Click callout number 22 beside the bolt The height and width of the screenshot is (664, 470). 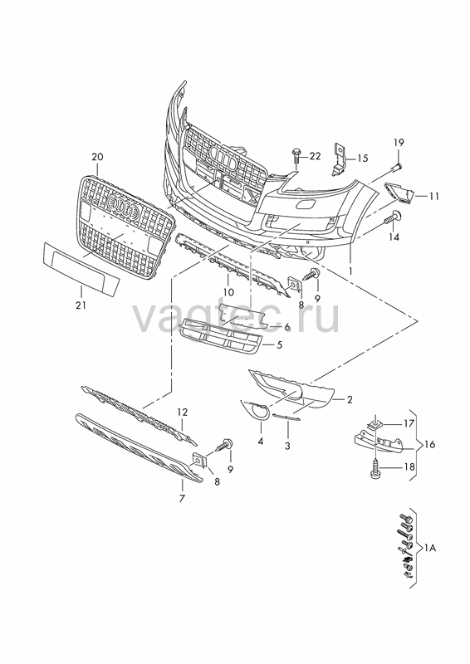[315, 156]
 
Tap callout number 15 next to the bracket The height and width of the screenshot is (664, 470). [362, 159]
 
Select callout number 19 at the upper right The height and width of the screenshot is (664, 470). [399, 142]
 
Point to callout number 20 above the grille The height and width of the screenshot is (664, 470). [97, 157]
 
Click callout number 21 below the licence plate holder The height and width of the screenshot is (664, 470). [81, 305]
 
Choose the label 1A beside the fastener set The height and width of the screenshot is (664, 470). [430, 548]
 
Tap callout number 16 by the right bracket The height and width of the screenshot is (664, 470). [430, 444]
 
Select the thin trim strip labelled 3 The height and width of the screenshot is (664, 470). [286, 417]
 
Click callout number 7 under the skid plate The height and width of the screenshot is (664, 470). [182, 499]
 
